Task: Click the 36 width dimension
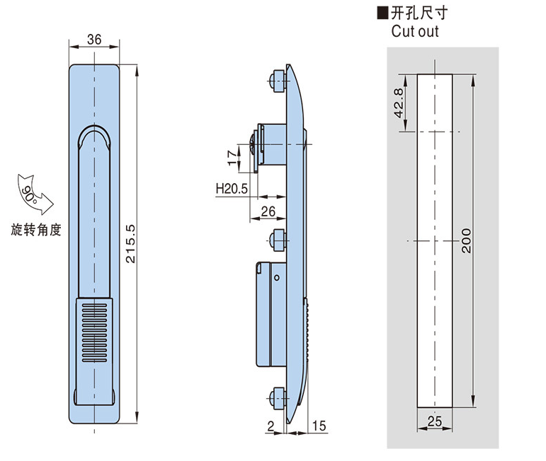(x=93, y=40)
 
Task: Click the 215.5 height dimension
(x=130, y=244)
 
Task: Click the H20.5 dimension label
(x=231, y=189)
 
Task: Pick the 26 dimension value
(x=268, y=211)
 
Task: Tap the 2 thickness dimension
(x=271, y=424)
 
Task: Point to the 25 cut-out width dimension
(x=435, y=421)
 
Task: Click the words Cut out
(x=415, y=31)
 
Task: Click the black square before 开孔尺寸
(x=383, y=12)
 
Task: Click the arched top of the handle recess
(x=93, y=134)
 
